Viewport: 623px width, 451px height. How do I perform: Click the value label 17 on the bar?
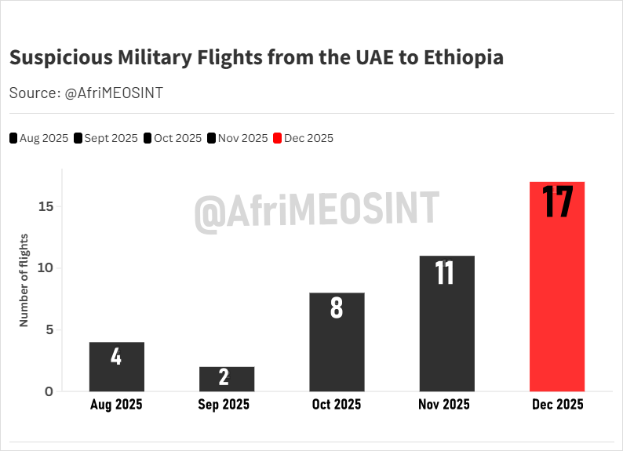click(x=557, y=202)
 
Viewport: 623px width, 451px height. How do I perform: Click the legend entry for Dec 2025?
click(x=303, y=138)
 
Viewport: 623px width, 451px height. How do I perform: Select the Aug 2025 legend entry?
click(x=39, y=138)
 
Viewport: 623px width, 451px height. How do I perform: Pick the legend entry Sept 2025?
click(x=106, y=138)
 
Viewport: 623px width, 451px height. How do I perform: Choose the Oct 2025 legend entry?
click(x=173, y=138)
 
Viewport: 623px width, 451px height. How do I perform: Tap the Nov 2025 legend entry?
click(x=238, y=138)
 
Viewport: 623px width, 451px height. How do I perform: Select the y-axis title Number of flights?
click(x=24, y=280)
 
